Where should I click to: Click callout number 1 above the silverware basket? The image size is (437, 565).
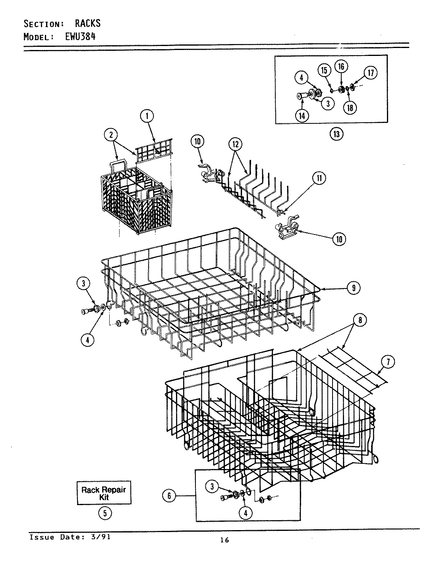(147, 116)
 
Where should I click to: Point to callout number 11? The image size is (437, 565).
(319, 179)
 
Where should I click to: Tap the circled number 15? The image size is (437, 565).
(324, 70)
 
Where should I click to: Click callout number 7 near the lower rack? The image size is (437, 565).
(388, 361)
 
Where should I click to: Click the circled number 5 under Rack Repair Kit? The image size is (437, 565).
(104, 513)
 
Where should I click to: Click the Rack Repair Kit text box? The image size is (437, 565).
(104, 493)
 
